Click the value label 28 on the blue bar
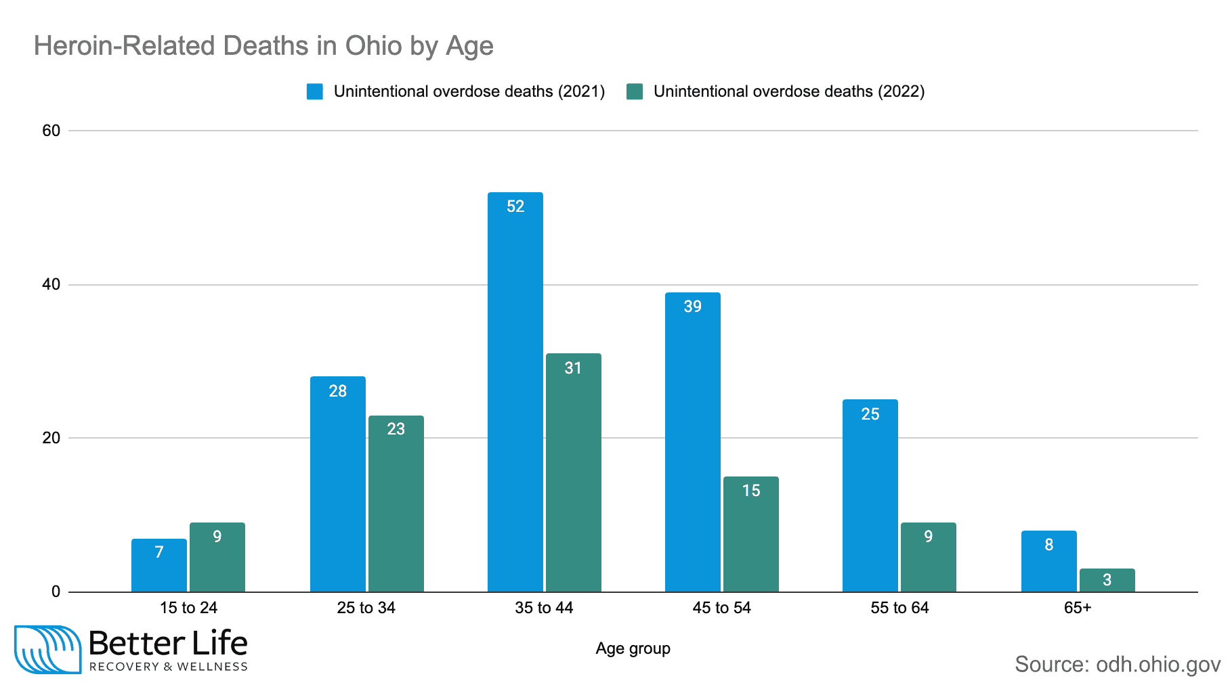[337, 391]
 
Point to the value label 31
[573, 368]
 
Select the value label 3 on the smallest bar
[1107, 580]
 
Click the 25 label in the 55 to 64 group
[870, 414]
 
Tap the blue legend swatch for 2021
[315, 92]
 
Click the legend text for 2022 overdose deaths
[788, 92]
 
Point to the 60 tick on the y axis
[51, 131]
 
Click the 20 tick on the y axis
[51, 438]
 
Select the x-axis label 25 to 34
[366, 608]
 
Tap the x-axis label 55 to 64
[899, 608]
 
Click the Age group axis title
[633, 648]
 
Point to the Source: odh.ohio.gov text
[1117, 664]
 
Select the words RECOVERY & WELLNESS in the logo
[169, 667]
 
